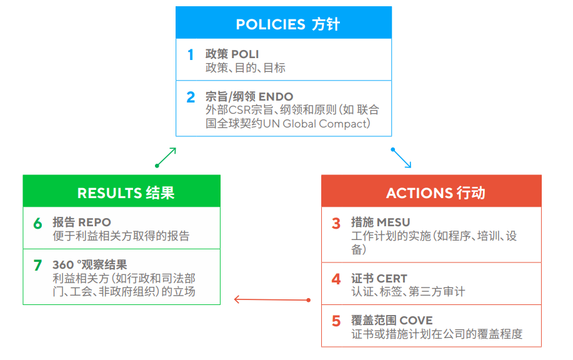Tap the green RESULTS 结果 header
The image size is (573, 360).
pyautogui.click(x=122, y=192)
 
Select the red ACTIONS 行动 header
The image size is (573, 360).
pyautogui.click(x=431, y=192)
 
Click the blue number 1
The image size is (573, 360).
pyautogui.click(x=191, y=55)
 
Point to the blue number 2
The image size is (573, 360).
pyautogui.click(x=191, y=97)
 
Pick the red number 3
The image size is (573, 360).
pyautogui.click(x=336, y=223)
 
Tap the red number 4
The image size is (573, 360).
pyautogui.click(x=336, y=279)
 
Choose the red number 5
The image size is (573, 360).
pyautogui.click(x=336, y=321)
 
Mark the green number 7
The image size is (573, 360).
pyautogui.click(x=37, y=265)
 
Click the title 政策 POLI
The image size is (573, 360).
pyautogui.click(x=232, y=54)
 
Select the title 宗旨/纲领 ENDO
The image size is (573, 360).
pyautogui.click(x=249, y=97)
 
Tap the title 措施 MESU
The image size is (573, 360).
pyautogui.click(x=381, y=222)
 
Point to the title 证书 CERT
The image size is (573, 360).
pyautogui.click(x=379, y=278)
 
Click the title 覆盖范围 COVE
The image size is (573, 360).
pyautogui.click(x=392, y=321)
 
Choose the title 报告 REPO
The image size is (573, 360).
pyautogui.click(x=81, y=222)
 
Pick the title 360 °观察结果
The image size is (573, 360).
pyautogui.click(x=89, y=264)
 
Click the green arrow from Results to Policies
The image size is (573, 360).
pyautogui.click(x=166, y=157)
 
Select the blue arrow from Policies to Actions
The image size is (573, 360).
pyautogui.click(x=402, y=158)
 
